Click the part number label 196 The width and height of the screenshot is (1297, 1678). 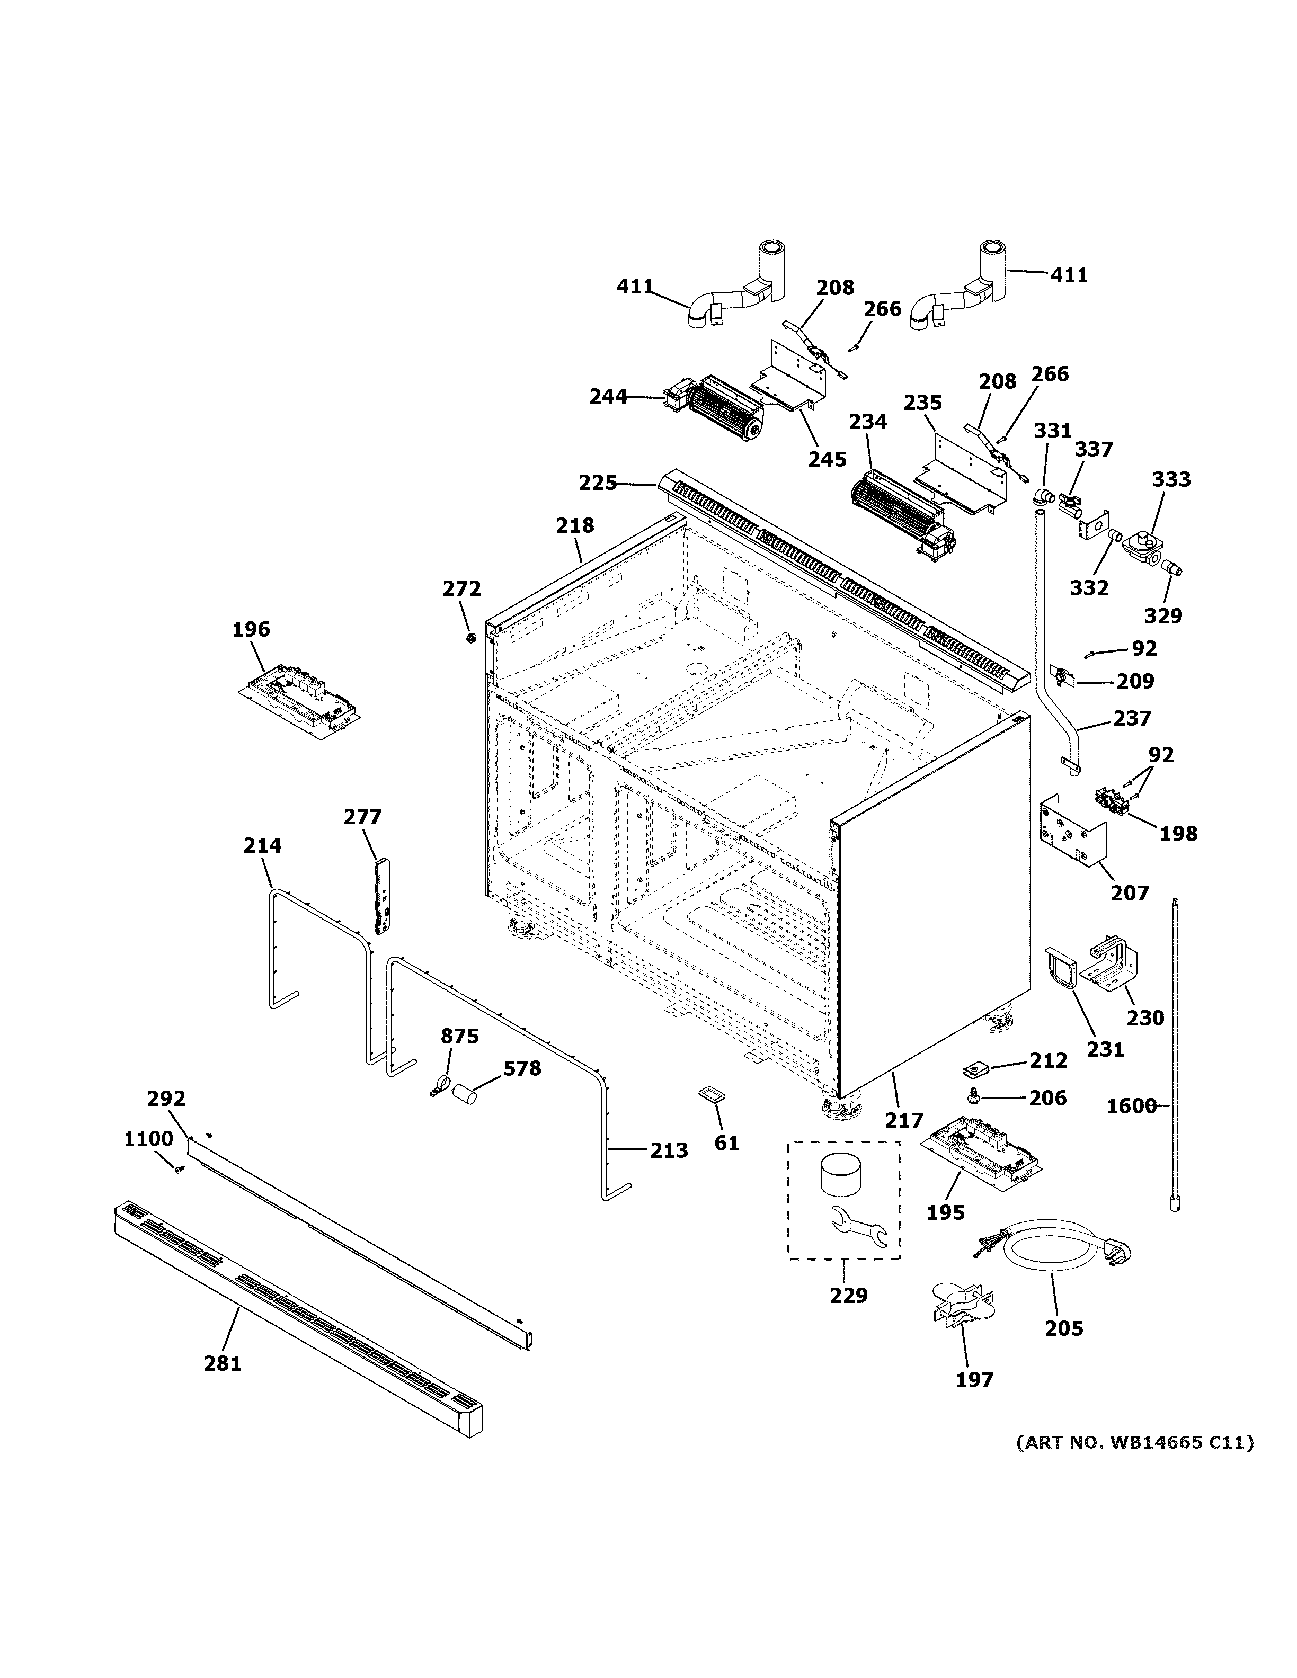pyautogui.click(x=251, y=629)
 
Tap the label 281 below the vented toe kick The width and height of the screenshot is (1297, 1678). pyautogui.click(x=223, y=1363)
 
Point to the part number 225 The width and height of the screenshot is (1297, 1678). pyautogui.click(x=598, y=483)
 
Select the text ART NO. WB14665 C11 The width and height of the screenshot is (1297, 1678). pyautogui.click(x=1134, y=1442)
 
